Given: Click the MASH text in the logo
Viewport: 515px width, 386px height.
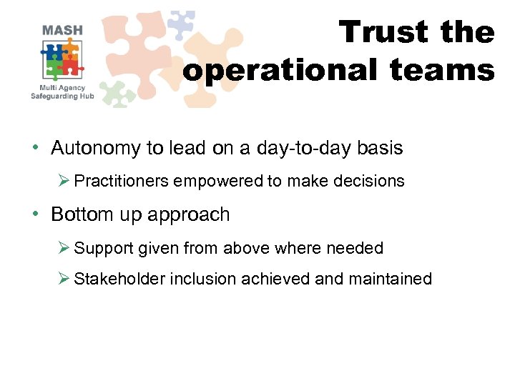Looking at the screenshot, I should pos(62,30).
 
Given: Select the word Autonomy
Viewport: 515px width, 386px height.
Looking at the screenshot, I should pos(97,148).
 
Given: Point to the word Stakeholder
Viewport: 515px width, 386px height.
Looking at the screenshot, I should pos(119,279).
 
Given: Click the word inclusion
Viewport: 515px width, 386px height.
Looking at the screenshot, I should pos(202,279).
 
